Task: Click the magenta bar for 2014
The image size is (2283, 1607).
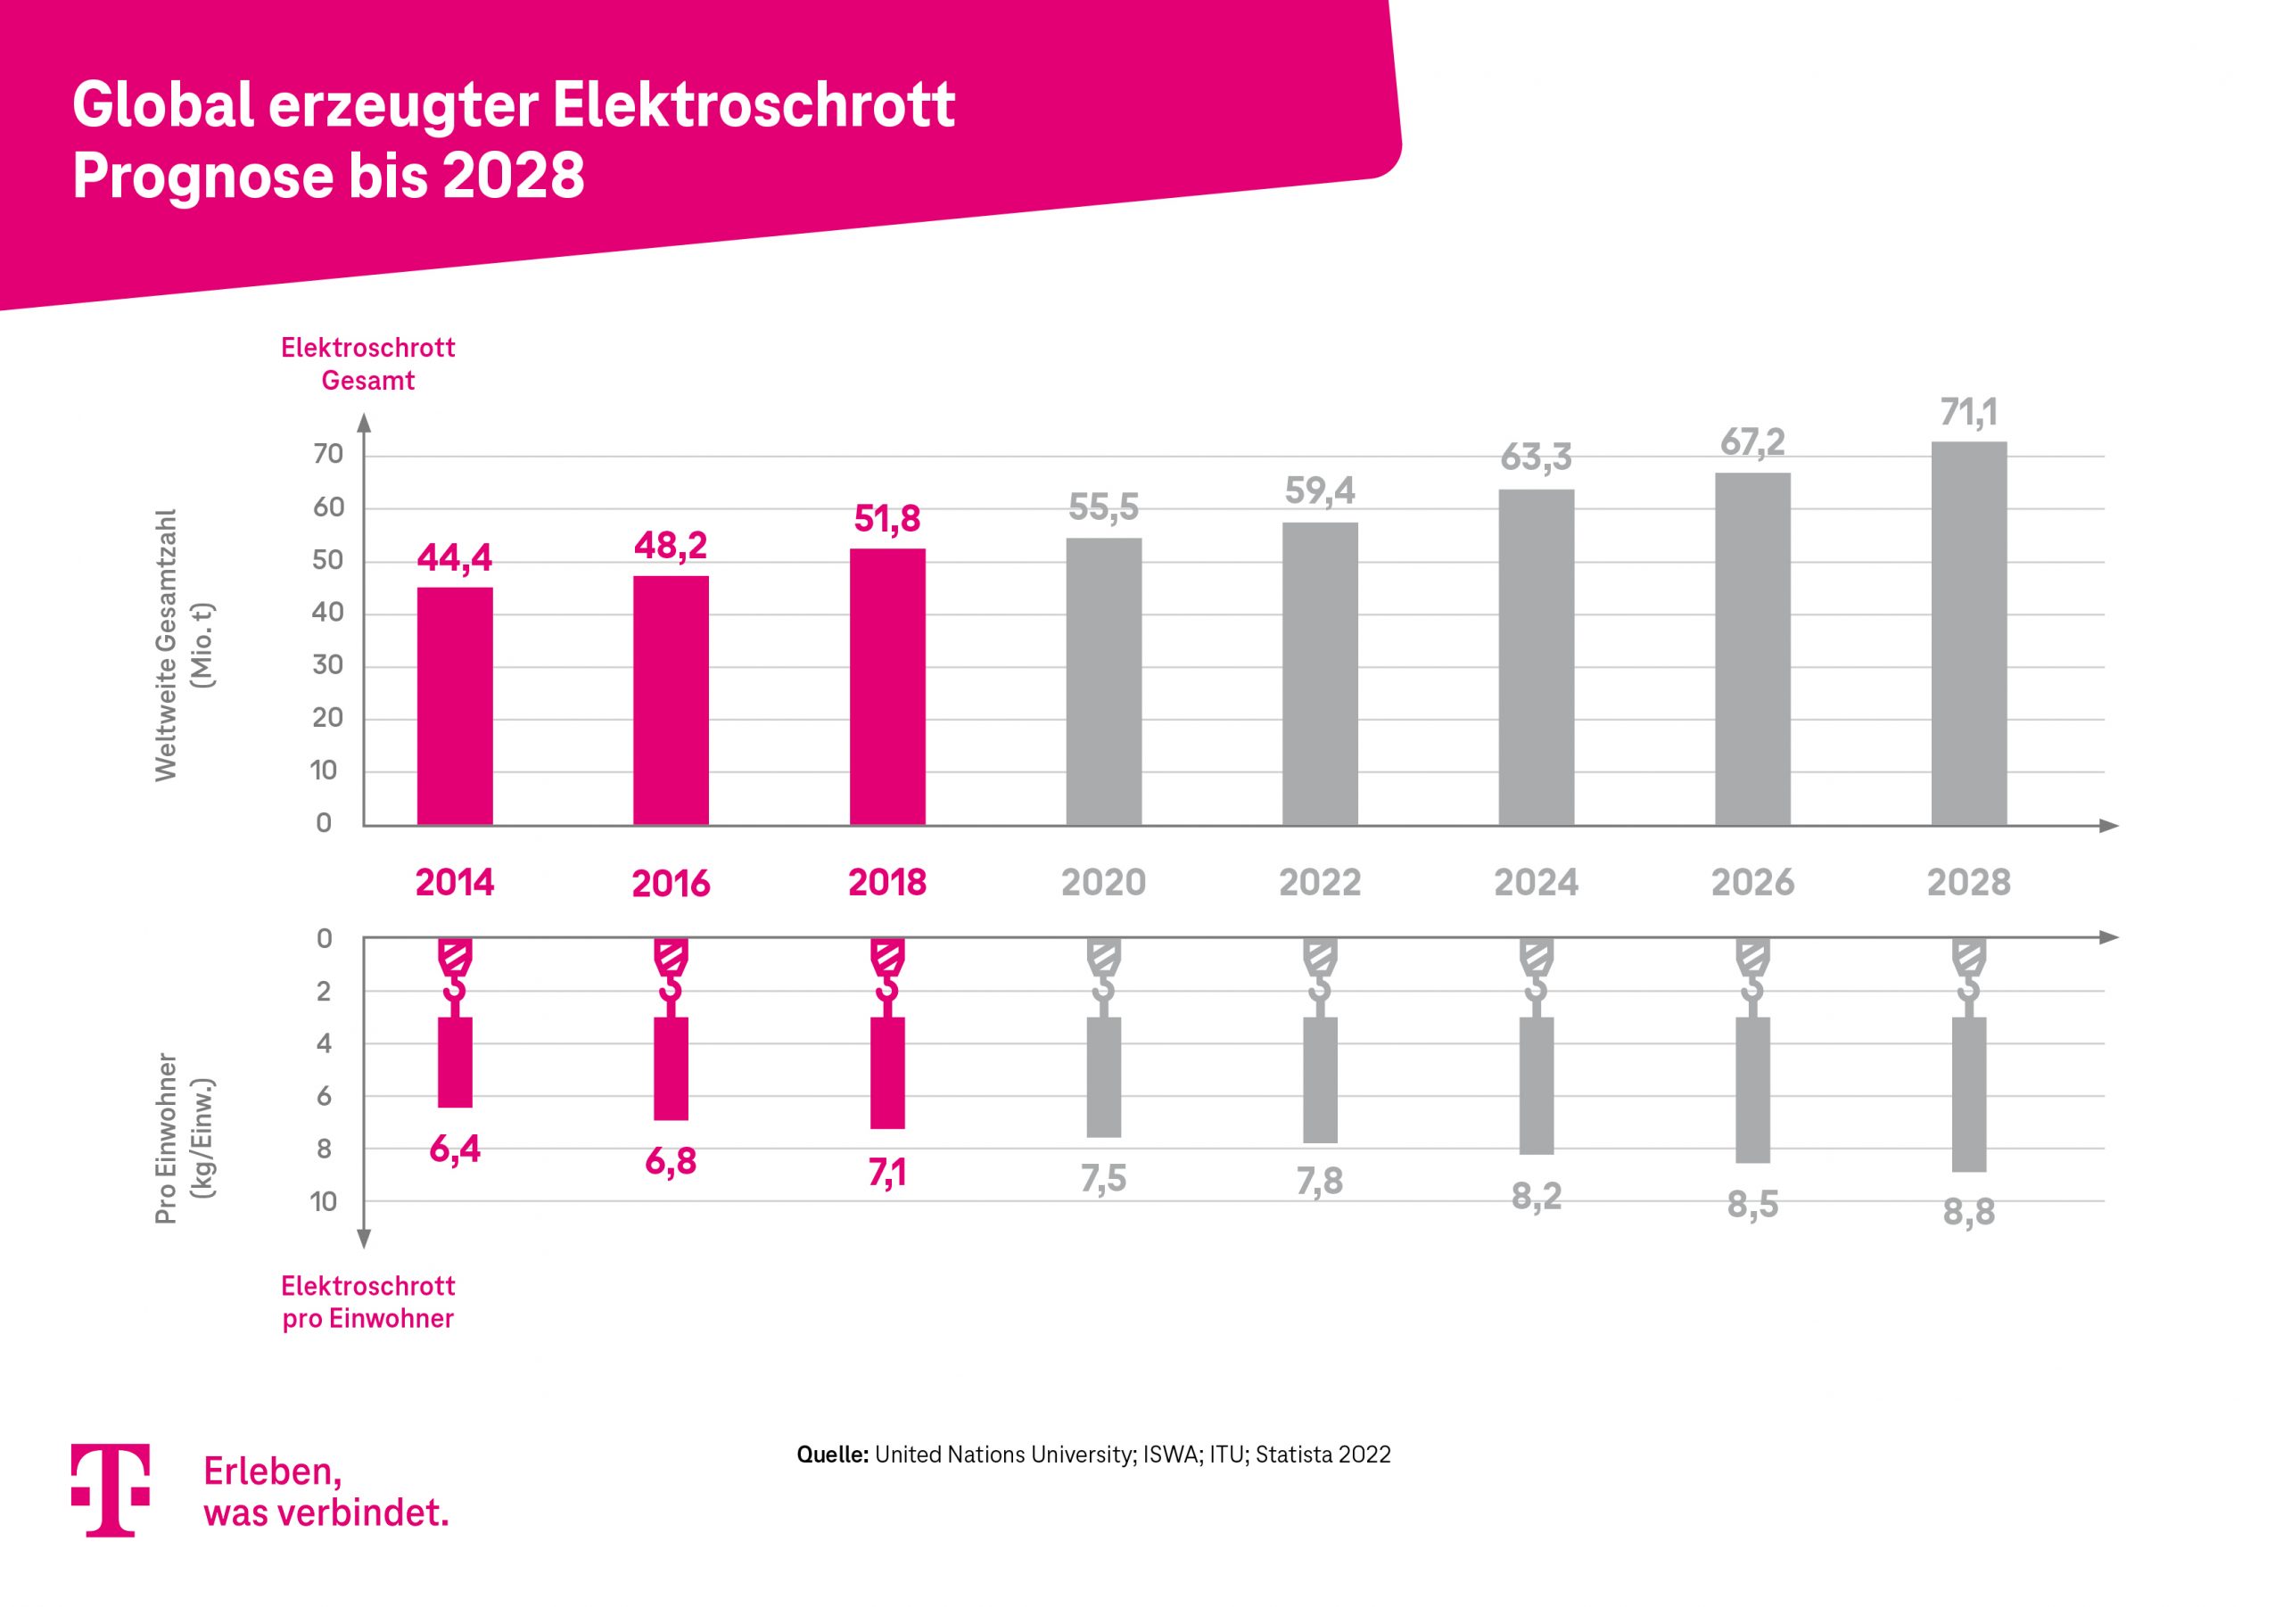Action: click(455, 706)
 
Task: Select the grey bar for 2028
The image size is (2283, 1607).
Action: click(1969, 633)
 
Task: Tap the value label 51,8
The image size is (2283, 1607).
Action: click(887, 519)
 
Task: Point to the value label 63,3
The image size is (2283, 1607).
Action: click(1536, 457)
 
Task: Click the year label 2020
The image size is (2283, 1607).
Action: click(1103, 882)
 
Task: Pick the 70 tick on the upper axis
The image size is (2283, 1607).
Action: click(327, 455)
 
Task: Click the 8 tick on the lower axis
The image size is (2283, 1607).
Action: click(324, 1149)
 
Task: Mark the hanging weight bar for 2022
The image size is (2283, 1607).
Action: click(1320, 1079)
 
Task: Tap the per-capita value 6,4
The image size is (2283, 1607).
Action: click(455, 1150)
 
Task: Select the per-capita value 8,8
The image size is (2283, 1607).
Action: click(1969, 1212)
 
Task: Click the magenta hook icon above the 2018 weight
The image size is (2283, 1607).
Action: click(887, 969)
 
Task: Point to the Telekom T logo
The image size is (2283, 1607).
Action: click(111, 1488)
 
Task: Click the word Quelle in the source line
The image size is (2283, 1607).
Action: click(832, 1455)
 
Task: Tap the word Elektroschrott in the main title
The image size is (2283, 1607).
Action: click(753, 105)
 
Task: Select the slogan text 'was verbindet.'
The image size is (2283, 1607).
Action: click(326, 1512)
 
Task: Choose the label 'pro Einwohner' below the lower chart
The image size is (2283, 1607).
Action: click(368, 1319)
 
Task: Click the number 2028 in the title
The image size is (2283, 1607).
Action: click(513, 176)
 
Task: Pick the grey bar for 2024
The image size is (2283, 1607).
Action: click(1536, 657)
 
